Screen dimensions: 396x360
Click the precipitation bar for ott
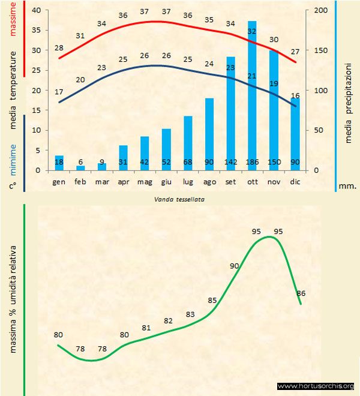(x=252, y=96)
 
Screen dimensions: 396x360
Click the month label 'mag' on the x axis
(x=145, y=181)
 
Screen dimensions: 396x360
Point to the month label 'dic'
(x=295, y=181)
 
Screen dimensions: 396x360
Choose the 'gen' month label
(x=59, y=181)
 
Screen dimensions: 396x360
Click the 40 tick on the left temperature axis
(x=35, y=11)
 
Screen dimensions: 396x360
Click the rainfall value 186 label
(x=252, y=163)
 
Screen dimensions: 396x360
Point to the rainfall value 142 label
(x=230, y=163)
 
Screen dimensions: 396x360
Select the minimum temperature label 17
(x=59, y=92)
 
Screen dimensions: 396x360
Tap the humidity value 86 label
(x=301, y=293)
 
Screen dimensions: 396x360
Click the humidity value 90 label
(x=234, y=266)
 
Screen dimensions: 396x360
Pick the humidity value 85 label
(x=212, y=300)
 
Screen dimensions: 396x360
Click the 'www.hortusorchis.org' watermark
(x=316, y=386)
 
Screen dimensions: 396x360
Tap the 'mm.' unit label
(x=347, y=186)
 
